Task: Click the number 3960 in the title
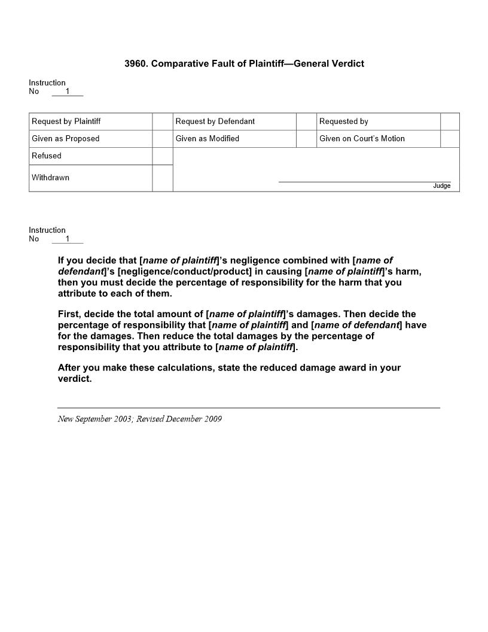136,63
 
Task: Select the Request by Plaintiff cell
66,121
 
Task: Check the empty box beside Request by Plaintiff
163,121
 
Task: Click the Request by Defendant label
215,121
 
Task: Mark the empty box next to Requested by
450,121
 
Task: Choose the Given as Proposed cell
66,139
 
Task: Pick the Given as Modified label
208,139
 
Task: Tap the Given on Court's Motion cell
362,139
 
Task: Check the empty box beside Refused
163,156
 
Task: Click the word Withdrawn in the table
50,178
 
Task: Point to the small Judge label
442,186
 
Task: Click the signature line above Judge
365,181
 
